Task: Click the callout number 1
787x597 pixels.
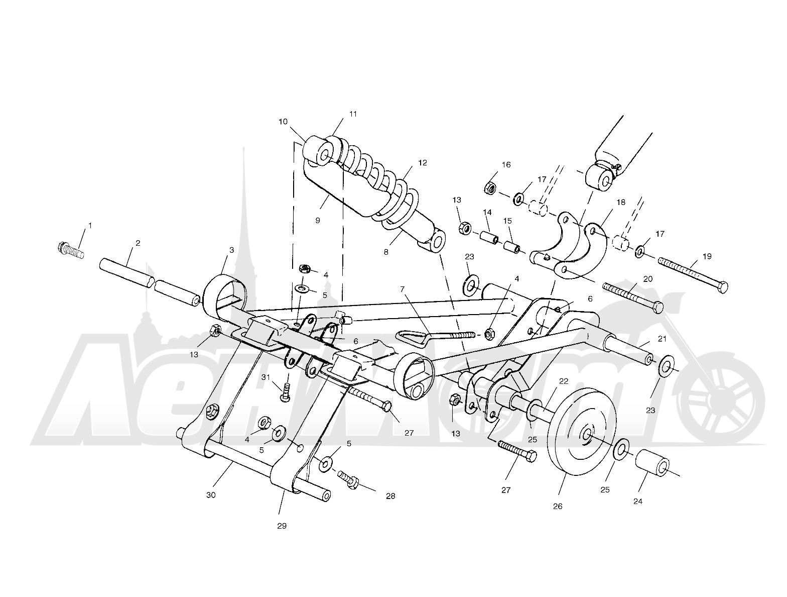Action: (x=90, y=226)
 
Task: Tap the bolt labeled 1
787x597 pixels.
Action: (x=71, y=250)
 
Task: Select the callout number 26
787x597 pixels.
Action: (x=558, y=507)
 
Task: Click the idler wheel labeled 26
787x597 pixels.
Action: (x=582, y=432)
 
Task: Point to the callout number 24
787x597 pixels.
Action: (x=637, y=502)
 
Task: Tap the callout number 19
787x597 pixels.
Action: (x=707, y=256)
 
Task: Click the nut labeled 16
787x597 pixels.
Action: (x=489, y=188)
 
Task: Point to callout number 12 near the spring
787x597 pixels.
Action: (x=423, y=163)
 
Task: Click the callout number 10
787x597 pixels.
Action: (x=283, y=122)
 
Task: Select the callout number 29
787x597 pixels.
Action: (x=282, y=526)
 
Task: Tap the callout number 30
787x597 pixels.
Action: (x=211, y=495)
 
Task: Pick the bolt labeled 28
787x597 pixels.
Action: (x=348, y=479)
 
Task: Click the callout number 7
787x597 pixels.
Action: (x=403, y=289)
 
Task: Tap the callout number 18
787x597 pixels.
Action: (x=621, y=202)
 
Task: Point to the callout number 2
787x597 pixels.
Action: (x=138, y=243)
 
